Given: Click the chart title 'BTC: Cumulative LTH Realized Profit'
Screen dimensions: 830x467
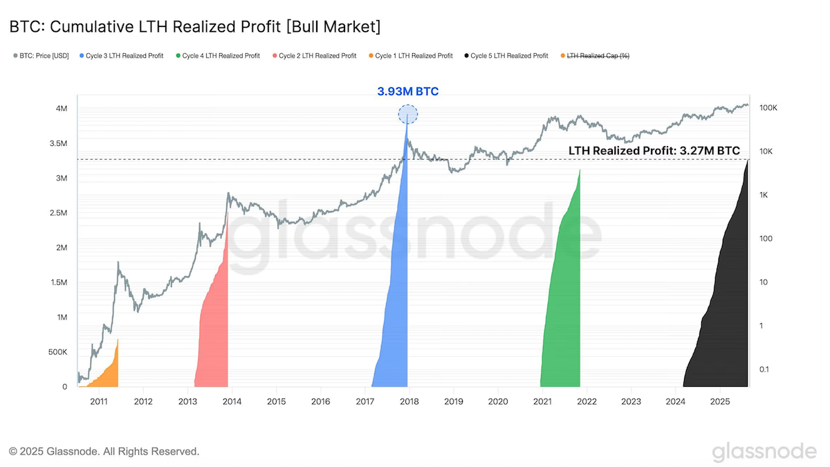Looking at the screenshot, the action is click(145, 27).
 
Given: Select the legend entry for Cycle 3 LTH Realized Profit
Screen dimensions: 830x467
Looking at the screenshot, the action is click(121, 55).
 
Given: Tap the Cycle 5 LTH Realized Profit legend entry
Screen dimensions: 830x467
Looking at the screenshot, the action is click(506, 55).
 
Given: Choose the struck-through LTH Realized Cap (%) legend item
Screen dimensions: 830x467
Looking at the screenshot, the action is click(595, 55).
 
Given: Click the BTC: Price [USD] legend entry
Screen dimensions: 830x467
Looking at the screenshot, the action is click(41, 55).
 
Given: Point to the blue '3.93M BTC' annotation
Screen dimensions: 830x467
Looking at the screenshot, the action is click(407, 91).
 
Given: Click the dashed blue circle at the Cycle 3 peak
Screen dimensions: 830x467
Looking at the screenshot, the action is click(407, 106).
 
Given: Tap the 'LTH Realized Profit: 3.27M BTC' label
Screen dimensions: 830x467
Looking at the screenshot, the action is click(654, 151).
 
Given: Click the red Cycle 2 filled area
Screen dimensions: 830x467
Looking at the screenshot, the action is click(215, 326).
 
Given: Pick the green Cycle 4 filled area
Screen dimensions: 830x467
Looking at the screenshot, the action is click(563, 304).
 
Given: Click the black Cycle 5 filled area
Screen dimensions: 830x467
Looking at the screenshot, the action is click(723, 315).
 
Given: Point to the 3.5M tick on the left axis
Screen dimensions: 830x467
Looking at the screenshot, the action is click(59, 143).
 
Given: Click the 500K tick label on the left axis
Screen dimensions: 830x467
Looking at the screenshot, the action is click(58, 351).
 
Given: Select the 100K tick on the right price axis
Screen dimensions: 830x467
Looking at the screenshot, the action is click(768, 108).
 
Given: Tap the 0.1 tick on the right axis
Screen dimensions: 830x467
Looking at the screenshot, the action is click(764, 369).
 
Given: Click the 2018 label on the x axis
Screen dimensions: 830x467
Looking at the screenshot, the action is click(409, 401).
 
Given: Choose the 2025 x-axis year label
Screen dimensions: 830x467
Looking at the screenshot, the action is click(720, 401).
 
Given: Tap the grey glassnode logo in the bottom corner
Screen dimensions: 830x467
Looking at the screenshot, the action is click(764, 452).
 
